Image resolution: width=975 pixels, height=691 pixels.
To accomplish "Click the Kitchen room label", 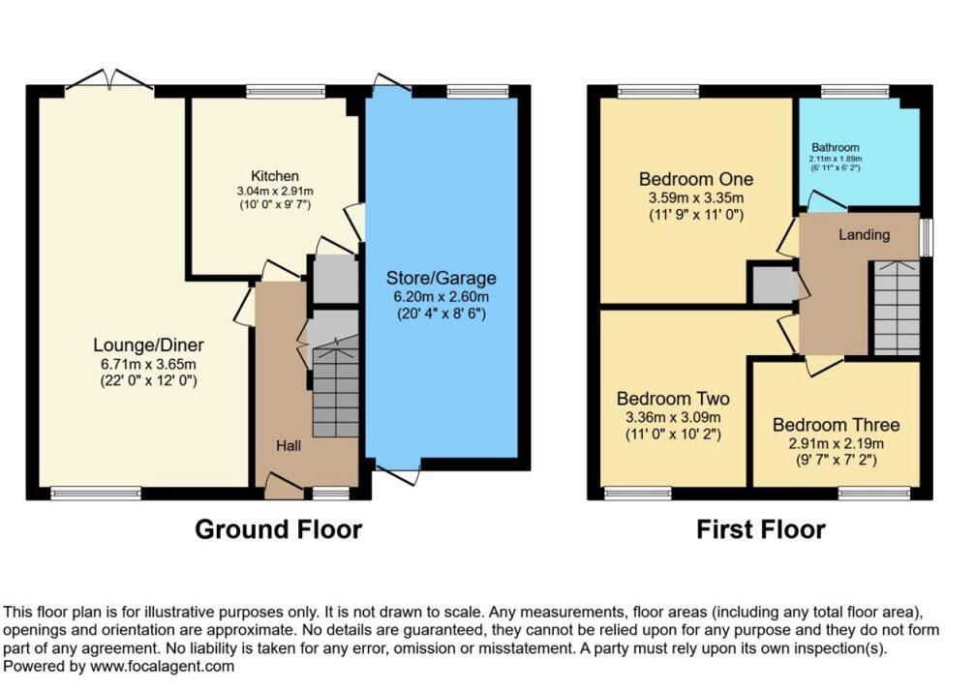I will (275, 176).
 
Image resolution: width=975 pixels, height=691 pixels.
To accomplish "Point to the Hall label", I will (288, 446).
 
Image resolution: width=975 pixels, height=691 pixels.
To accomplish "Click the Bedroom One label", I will (695, 180).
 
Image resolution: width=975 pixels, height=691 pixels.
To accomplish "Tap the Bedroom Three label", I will (836, 425).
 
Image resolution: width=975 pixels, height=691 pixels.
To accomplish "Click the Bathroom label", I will (835, 148).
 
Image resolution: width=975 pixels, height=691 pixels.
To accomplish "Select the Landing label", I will (864, 234).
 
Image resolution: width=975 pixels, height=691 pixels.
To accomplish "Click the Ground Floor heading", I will (278, 529).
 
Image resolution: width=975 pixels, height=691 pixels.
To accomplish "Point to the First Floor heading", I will (760, 529).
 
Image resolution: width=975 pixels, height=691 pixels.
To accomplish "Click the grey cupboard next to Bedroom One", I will (770, 284).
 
